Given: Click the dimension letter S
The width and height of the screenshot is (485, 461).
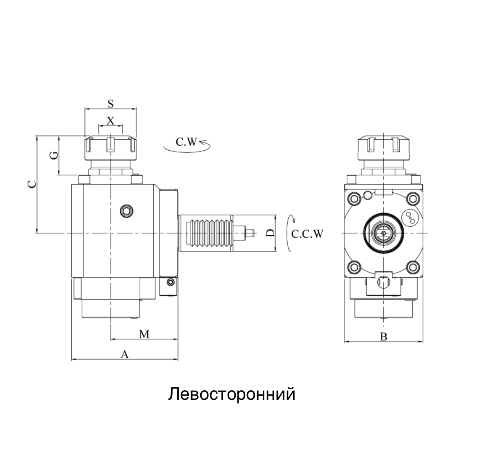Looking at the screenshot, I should [110, 103].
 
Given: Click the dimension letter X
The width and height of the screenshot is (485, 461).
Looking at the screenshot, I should [110, 120].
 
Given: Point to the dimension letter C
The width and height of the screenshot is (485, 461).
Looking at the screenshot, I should [31, 184].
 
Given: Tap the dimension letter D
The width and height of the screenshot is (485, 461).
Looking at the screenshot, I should [270, 233].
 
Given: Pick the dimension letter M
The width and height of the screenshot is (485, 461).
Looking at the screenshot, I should [144, 334].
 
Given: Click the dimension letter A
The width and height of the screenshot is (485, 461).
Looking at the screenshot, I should [125, 354].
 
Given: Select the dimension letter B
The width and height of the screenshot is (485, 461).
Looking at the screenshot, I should [383, 337].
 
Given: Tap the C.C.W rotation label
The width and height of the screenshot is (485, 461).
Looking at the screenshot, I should [307, 234].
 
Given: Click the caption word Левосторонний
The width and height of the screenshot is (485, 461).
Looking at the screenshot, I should [232, 394].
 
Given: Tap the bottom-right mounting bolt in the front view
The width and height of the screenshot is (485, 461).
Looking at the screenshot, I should [413, 267].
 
